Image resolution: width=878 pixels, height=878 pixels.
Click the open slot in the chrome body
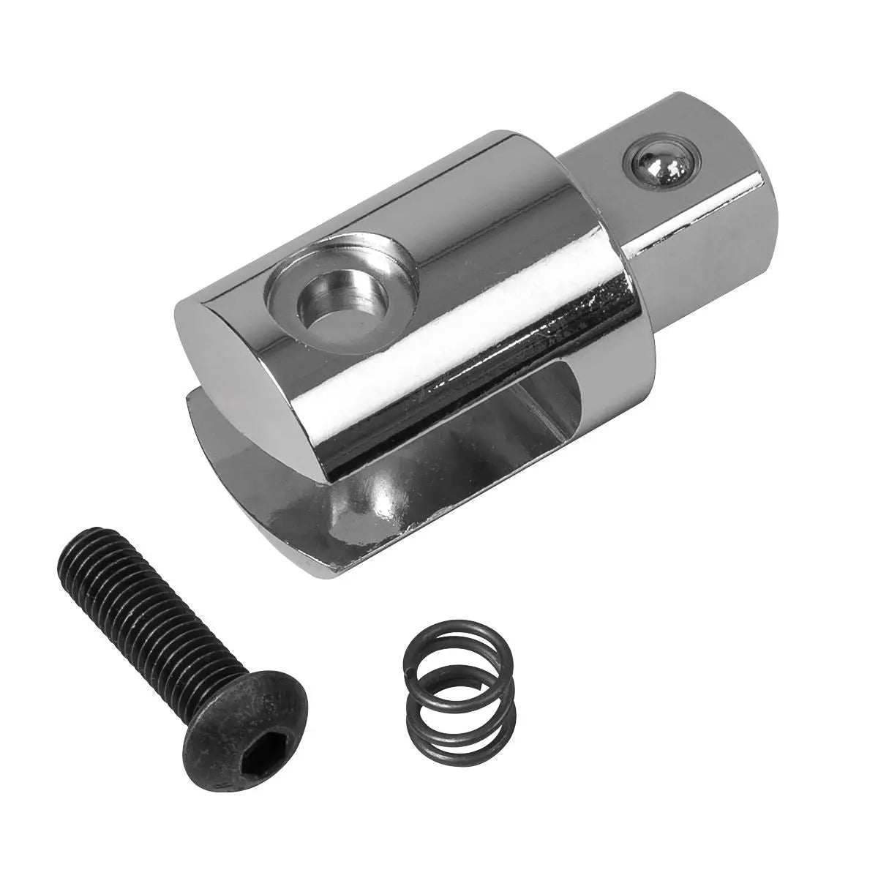click(x=439, y=454)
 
